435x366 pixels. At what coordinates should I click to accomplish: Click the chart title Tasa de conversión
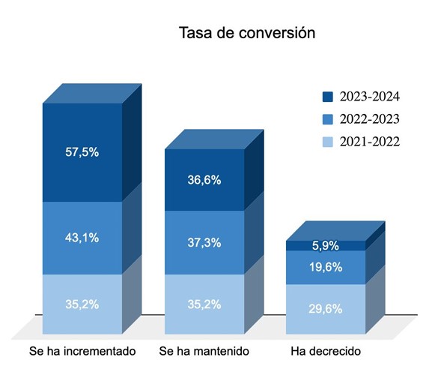pyautogui.click(x=247, y=33)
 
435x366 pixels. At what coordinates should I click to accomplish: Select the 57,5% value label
pyautogui.click(x=82, y=152)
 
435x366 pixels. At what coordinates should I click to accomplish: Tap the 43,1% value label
pyautogui.click(x=82, y=238)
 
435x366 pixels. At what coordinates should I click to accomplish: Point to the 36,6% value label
pyautogui.click(x=204, y=180)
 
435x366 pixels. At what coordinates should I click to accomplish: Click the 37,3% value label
pyautogui.click(x=204, y=243)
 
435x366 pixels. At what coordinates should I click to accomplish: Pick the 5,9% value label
pyautogui.click(x=326, y=246)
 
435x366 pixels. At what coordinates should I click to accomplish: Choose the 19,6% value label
pyautogui.click(x=326, y=267)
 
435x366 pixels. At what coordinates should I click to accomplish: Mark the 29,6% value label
pyautogui.click(x=326, y=309)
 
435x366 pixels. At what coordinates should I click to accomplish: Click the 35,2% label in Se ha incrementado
pyautogui.click(x=82, y=304)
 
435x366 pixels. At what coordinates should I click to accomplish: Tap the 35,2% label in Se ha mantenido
pyautogui.click(x=204, y=304)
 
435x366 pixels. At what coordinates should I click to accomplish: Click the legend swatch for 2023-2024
pyautogui.click(x=328, y=97)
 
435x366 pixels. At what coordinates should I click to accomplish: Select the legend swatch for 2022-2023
pyautogui.click(x=328, y=119)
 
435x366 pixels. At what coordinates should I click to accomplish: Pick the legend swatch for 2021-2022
pyautogui.click(x=328, y=142)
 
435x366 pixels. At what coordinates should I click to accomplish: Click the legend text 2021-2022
pyautogui.click(x=370, y=142)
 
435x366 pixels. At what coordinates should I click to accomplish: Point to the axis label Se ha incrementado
pyautogui.click(x=82, y=351)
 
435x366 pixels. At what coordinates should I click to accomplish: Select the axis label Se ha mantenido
pyautogui.click(x=204, y=351)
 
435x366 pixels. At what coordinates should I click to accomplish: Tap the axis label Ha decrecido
pyautogui.click(x=326, y=351)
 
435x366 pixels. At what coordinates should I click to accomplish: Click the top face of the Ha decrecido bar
pyautogui.click(x=335, y=231)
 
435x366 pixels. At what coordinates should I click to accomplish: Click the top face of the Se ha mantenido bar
pyautogui.click(x=214, y=139)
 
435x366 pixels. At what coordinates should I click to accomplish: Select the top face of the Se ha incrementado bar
pyautogui.click(x=92, y=94)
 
